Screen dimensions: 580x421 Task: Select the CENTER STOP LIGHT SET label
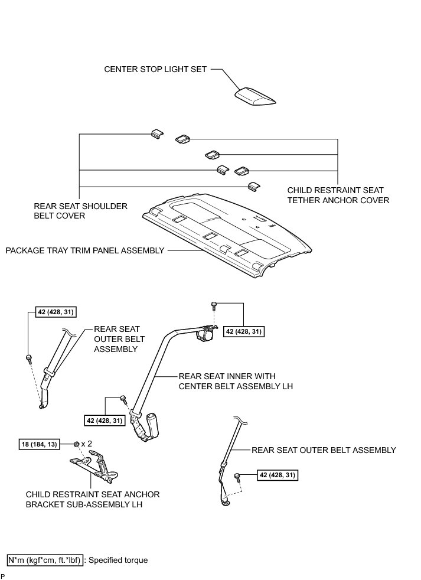tap(156, 69)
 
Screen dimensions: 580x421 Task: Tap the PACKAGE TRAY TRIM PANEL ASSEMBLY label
tap(85, 250)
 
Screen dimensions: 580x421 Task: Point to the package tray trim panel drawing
tap(230, 233)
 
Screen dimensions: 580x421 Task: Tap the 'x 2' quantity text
tap(87, 444)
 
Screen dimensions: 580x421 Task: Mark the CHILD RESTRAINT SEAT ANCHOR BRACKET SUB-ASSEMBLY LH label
tap(93, 500)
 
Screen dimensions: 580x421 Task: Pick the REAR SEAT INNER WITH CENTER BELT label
tap(235, 381)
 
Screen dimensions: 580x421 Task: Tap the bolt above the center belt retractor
tap(214, 306)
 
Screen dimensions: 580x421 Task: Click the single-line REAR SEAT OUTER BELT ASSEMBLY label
tap(324, 450)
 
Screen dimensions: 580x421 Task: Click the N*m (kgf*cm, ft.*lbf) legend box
tap(44, 560)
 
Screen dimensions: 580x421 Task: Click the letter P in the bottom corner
tap(2, 575)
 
